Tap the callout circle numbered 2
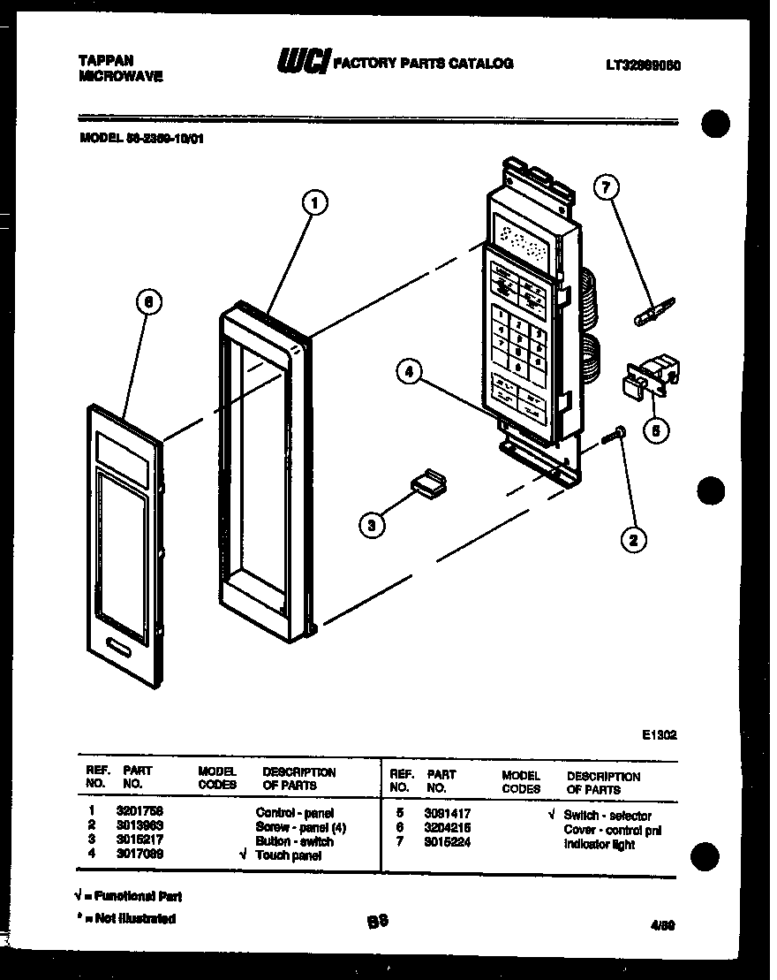(x=634, y=538)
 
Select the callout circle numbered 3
(x=373, y=525)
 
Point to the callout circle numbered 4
(x=408, y=373)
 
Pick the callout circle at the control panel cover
(x=148, y=302)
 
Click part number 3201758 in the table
(x=140, y=811)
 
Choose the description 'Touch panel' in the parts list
(x=290, y=855)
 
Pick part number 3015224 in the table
(x=449, y=844)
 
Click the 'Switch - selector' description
(x=607, y=816)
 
